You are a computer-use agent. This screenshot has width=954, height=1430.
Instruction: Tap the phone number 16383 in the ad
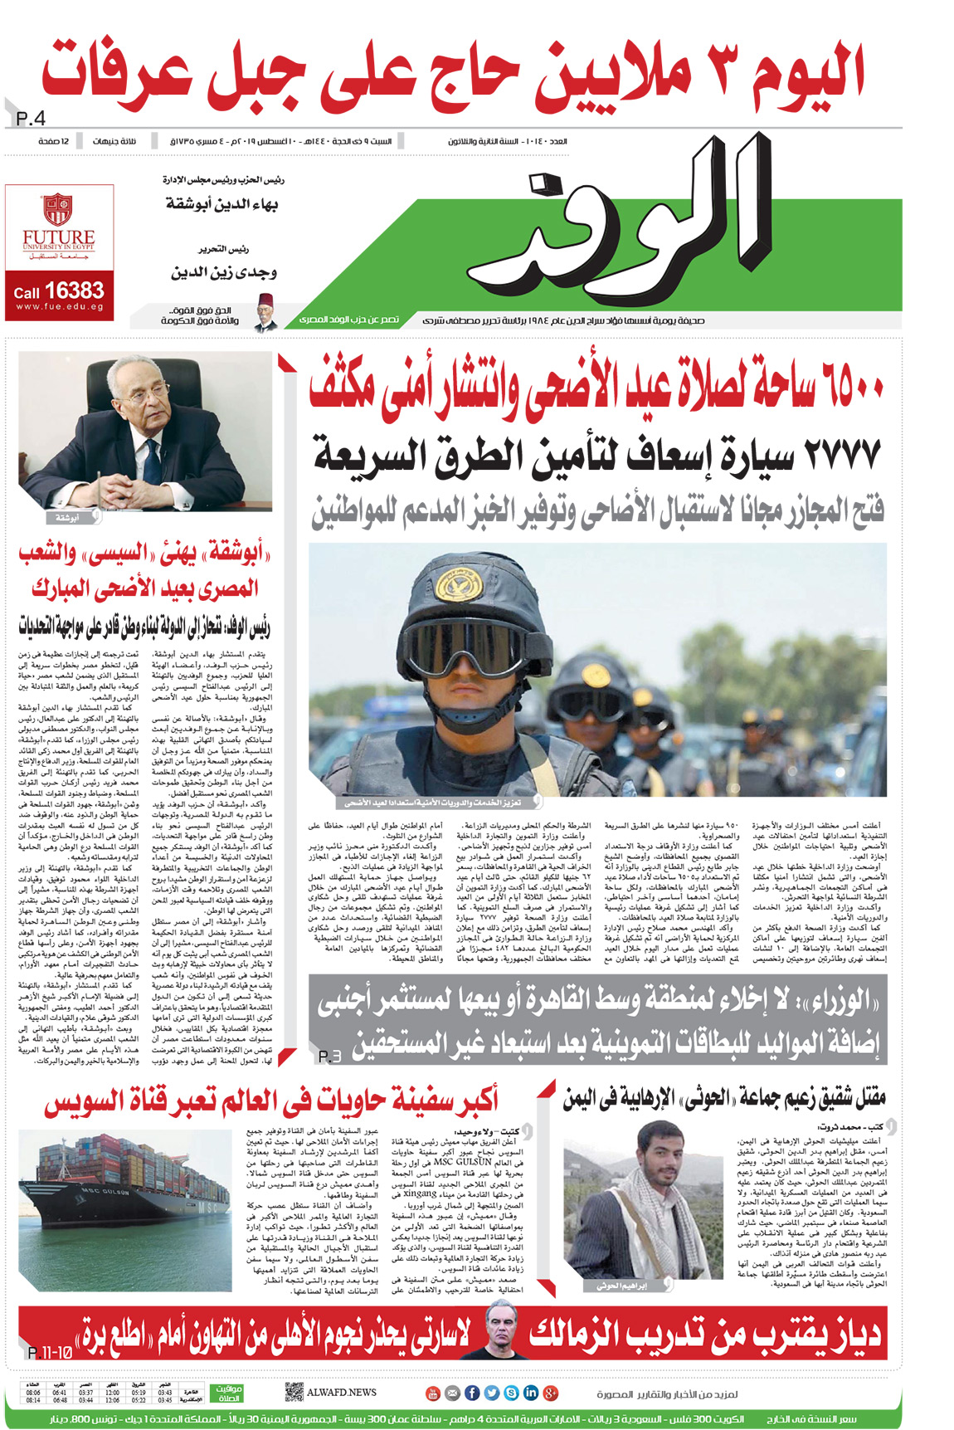click(x=75, y=290)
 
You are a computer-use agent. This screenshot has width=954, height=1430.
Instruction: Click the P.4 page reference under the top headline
click(x=31, y=120)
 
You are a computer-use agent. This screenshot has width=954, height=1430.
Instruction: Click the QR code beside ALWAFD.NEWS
click(x=293, y=1392)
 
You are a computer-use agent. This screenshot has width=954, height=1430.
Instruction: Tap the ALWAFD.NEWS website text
click(x=342, y=1392)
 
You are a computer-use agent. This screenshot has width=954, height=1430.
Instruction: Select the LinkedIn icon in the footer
click(x=530, y=1393)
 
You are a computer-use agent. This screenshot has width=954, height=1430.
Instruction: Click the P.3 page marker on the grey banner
click(x=329, y=1057)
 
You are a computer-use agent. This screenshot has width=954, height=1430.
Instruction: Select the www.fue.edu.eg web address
click(x=59, y=307)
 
